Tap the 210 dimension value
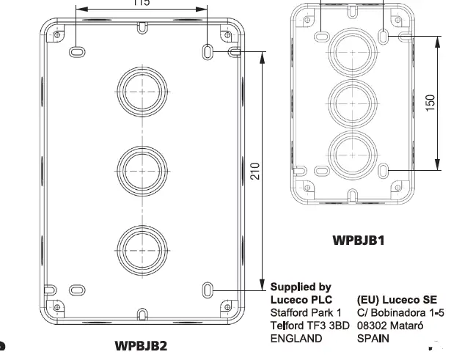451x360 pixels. pyautogui.click(x=253, y=174)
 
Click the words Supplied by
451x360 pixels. pyautogui.click(x=301, y=287)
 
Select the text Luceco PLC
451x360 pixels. pyautogui.click(x=301, y=299)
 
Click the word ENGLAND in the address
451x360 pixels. pyautogui.click(x=296, y=338)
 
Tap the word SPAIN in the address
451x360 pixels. pyautogui.click(x=373, y=338)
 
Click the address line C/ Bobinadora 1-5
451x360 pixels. pyautogui.click(x=399, y=312)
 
